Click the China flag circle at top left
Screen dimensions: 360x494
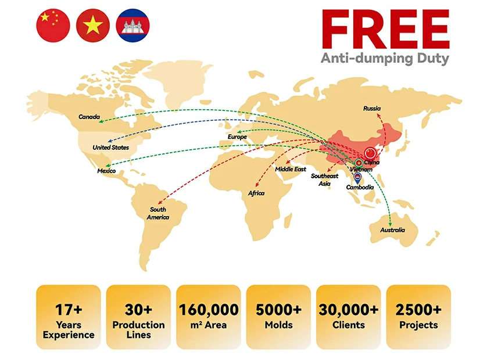click(x=53, y=26)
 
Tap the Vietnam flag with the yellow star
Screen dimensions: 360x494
click(x=93, y=26)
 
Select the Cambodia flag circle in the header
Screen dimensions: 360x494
click(x=133, y=26)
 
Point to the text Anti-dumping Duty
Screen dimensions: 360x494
click(x=385, y=59)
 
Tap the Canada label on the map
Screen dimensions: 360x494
click(x=89, y=117)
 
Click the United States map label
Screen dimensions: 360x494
click(x=110, y=147)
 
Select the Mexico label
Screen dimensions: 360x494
click(x=106, y=171)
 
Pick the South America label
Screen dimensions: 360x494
click(x=157, y=213)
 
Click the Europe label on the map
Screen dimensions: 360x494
click(x=237, y=137)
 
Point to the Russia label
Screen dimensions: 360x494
click(x=372, y=109)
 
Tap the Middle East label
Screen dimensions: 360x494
click(x=291, y=169)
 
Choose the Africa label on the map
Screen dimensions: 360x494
click(x=256, y=193)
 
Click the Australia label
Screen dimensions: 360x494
click(x=392, y=230)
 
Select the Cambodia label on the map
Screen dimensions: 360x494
click(x=360, y=187)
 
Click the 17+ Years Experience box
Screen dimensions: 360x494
click(x=68, y=318)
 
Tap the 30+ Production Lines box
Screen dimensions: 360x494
click(x=138, y=318)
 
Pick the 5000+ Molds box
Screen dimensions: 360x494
click(x=278, y=318)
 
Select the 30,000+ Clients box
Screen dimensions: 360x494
click(x=348, y=318)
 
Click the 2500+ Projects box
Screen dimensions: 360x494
click(x=418, y=318)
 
